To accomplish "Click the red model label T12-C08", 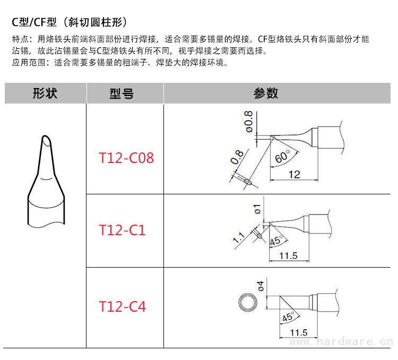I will [x=126, y=158].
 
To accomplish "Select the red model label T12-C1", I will [x=122, y=230].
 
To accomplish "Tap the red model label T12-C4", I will [x=122, y=306].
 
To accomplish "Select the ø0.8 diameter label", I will [x=248, y=121].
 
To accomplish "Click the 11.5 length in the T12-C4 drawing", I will [x=299, y=333].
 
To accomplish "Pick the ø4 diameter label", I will [x=261, y=286].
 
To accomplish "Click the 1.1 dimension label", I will [x=238, y=237].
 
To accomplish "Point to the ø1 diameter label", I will [x=257, y=209].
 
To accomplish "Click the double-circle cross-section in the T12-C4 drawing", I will [x=246, y=303].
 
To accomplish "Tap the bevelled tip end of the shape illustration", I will [x=47, y=142].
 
